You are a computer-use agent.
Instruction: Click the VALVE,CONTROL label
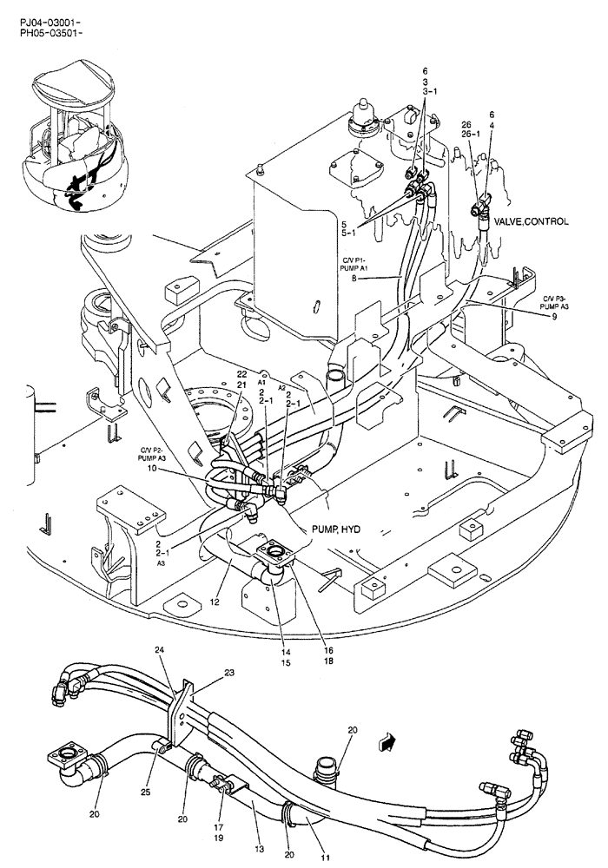(x=532, y=222)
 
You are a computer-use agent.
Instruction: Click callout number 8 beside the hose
(x=354, y=279)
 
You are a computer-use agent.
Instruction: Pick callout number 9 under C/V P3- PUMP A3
(x=554, y=316)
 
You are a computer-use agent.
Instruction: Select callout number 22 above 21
(x=242, y=373)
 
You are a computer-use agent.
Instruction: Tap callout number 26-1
(x=473, y=134)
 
